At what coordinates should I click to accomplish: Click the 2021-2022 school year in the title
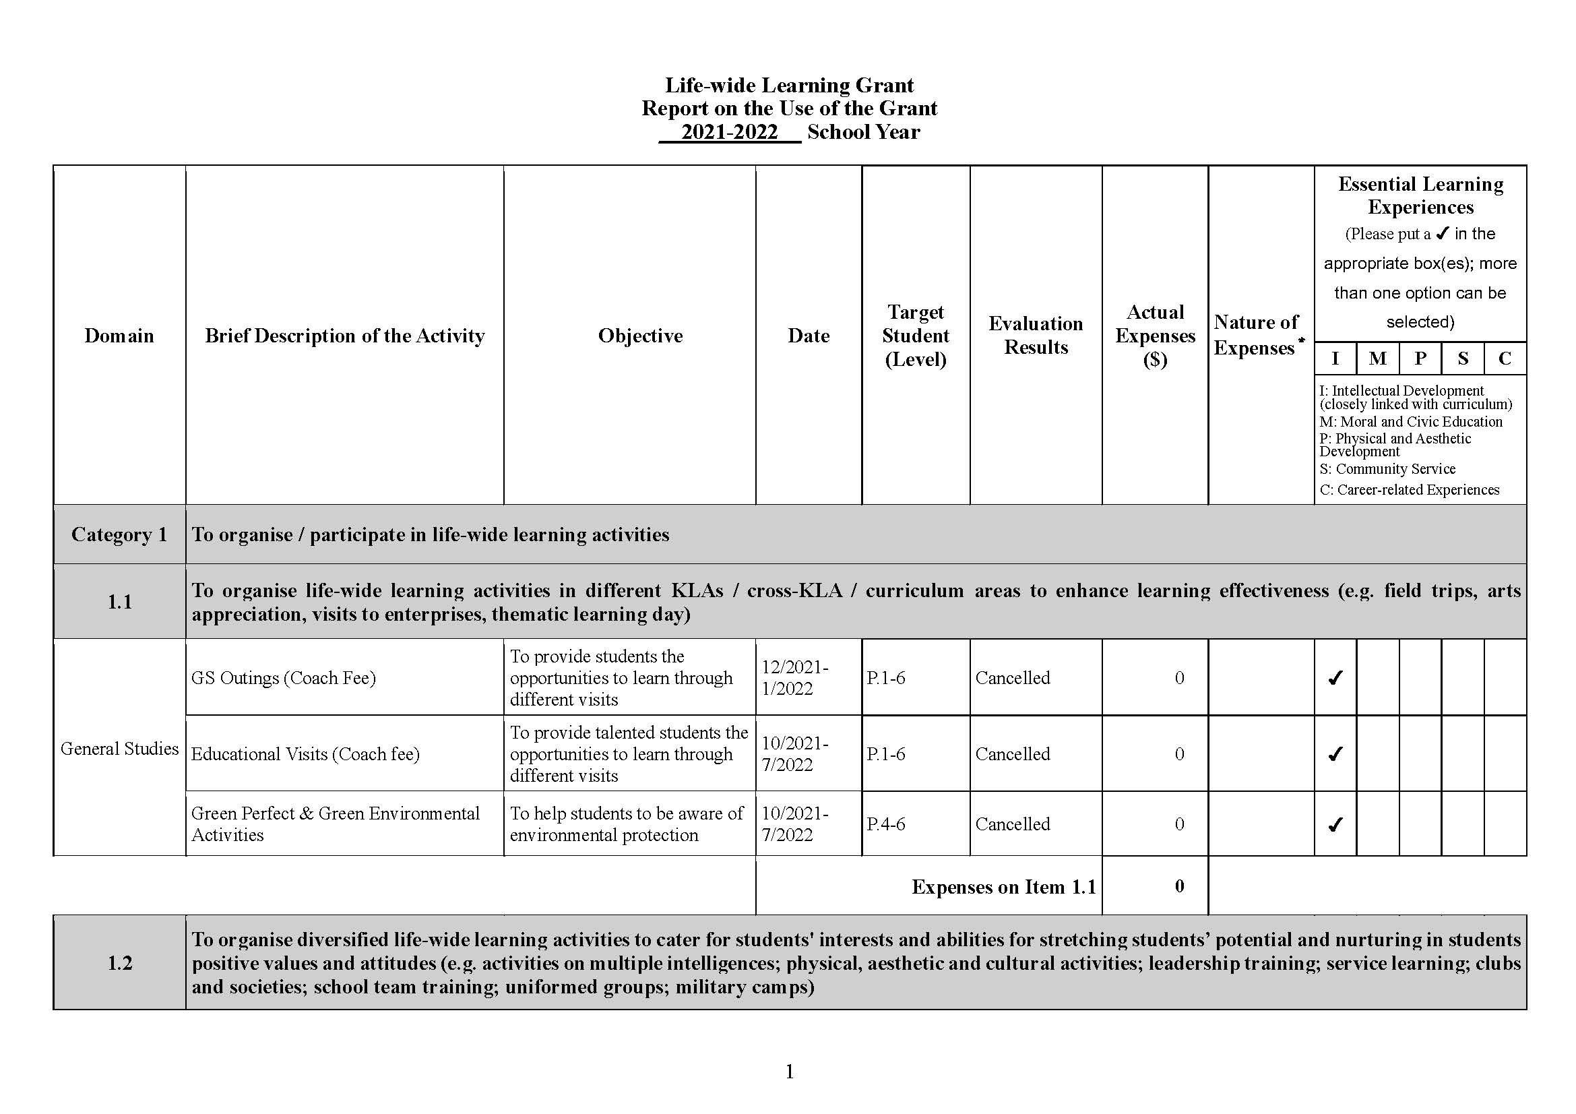coord(729,132)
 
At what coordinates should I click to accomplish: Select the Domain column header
coord(119,336)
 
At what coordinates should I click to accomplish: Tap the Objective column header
coord(639,336)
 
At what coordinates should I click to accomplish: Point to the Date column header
coord(808,336)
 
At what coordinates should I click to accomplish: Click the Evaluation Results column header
coord(1035,335)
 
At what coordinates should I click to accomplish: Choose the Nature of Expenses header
coord(1255,335)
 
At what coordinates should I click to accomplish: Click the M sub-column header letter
coord(1377,359)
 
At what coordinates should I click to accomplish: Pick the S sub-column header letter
coord(1463,359)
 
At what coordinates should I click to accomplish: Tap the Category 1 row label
coord(119,534)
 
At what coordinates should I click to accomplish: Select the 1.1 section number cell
coord(119,602)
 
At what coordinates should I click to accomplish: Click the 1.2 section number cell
coord(119,963)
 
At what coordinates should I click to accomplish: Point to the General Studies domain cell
coord(119,748)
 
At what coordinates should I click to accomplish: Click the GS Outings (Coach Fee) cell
coord(284,678)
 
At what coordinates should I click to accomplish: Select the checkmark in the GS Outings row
coord(1335,678)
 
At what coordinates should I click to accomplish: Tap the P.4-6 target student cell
coord(885,824)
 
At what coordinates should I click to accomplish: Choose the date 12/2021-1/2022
coord(795,677)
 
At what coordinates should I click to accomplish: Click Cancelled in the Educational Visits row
coord(1013,753)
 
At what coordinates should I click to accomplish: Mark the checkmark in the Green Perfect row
coord(1335,824)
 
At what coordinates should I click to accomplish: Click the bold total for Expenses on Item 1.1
coord(1179,886)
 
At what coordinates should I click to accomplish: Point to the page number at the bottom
coord(790,1072)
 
